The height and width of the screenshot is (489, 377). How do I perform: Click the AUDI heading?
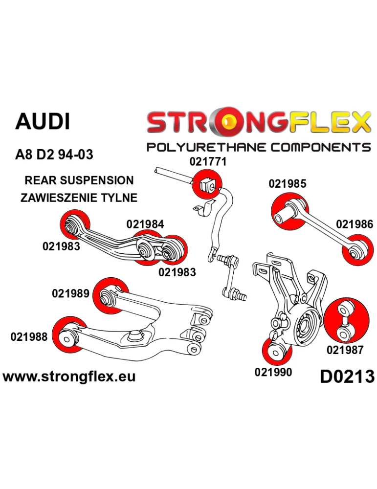tap(43, 122)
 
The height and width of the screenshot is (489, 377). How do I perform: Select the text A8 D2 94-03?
tap(54, 155)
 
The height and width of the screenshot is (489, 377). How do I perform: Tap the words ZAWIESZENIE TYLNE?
tap(79, 198)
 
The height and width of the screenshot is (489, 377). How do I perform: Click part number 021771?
tap(208, 162)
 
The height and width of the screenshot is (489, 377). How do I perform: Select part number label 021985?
tap(287, 184)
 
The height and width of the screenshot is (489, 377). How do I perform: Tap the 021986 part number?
tap(355, 224)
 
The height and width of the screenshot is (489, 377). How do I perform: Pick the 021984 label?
tap(145, 224)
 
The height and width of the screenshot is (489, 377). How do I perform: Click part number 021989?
tap(70, 294)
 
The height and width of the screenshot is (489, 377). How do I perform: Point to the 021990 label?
tap(273, 372)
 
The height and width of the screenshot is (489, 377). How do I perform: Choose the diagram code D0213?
tap(347, 377)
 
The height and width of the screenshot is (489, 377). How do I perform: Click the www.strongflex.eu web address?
tap(69, 377)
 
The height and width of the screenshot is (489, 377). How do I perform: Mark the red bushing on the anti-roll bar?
tap(207, 184)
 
